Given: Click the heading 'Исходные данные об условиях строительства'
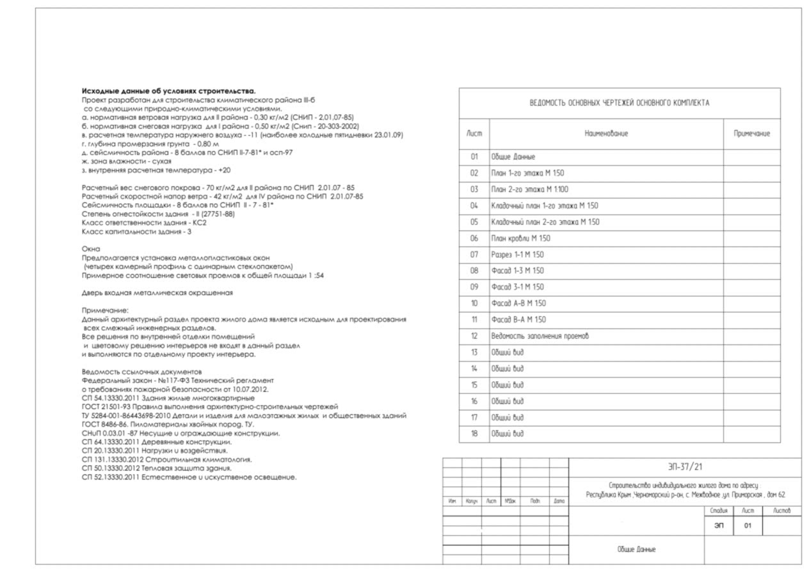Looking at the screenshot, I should (x=168, y=92).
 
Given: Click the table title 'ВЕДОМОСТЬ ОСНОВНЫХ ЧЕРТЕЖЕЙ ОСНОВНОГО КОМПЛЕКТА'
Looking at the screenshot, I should (x=619, y=103).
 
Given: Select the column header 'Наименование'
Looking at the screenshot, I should (x=606, y=134).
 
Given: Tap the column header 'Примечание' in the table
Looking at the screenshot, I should (x=751, y=134).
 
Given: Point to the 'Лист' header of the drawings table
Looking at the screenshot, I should (x=474, y=134).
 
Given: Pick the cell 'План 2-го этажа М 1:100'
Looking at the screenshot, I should (x=529, y=190).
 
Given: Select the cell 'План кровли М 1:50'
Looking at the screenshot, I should (x=520, y=239).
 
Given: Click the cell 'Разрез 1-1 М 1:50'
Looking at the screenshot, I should (x=517, y=255).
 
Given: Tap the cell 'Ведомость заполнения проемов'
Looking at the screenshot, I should (x=540, y=336).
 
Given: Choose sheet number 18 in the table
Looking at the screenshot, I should (x=474, y=434).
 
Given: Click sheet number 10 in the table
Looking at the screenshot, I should (x=474, y=303).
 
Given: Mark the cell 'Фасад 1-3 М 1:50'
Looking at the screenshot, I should (x=517, y=271).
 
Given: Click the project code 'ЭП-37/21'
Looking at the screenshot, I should (x=684, y=467).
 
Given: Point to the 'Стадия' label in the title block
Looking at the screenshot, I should (x=719, y=511).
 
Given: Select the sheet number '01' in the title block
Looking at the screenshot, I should (x=747, y=526).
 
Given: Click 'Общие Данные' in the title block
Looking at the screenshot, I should (x=636, y=549).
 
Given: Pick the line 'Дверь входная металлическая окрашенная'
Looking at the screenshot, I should (x=157, y=293).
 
